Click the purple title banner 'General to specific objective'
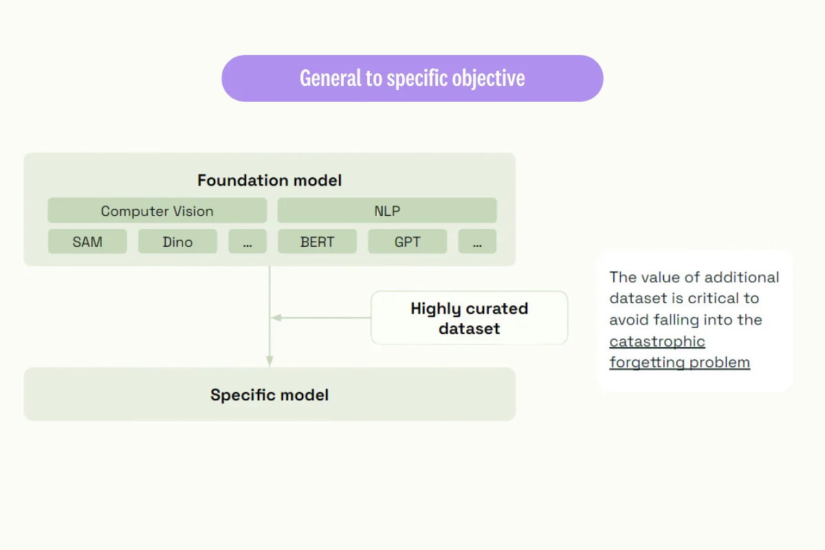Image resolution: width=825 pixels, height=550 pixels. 412,78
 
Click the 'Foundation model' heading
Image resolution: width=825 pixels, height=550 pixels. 269,181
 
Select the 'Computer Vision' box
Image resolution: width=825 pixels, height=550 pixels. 157,211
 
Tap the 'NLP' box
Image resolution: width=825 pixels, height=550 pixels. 386,211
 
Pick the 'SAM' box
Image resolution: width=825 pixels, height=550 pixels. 87,242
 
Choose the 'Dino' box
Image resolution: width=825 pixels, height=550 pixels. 177,242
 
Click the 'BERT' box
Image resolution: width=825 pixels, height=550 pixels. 317,242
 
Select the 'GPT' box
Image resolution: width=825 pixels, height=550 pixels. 407,242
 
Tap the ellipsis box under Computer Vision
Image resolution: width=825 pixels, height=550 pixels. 247,242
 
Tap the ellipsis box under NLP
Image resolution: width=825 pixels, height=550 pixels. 477,242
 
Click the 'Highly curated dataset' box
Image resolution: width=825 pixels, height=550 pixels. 469,318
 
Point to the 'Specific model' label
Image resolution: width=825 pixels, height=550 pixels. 269,395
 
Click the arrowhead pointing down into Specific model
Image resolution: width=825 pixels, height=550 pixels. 269,361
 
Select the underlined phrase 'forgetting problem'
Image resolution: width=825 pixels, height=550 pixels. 679,362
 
